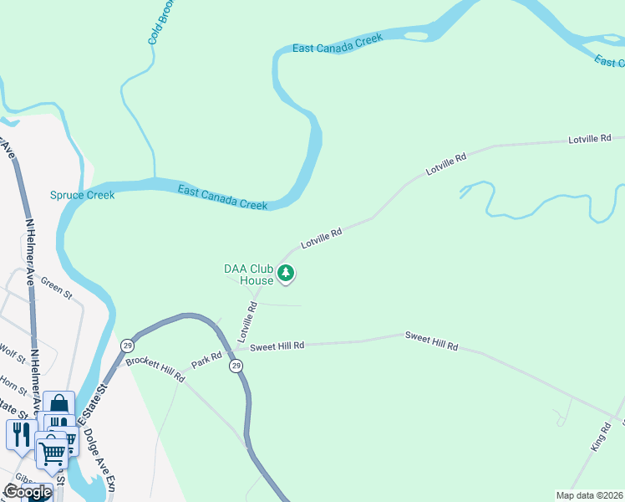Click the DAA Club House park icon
[x=287, y=273]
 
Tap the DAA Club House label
[x=248, y=275]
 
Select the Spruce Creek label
[x=82, y=195]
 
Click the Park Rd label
[x=206, y=360]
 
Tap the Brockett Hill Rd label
[x=155, y=371]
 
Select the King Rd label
[x=602, y=437]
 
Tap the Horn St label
[x=13, y=385]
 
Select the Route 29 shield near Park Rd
[x=236, y=366]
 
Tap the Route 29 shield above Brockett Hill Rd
[x=127, y=346]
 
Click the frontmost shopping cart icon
[x=53, y=453]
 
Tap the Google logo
[x=27, y=492]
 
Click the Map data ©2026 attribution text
[x=590, y=494]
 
